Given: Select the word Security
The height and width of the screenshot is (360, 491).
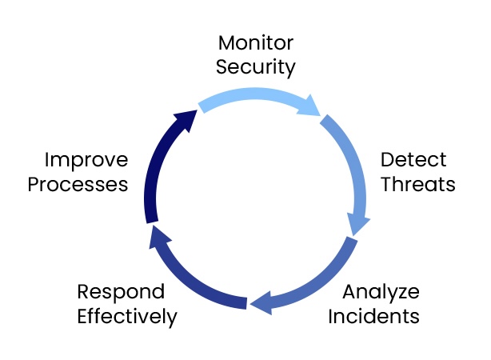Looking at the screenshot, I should [x=256, y=66].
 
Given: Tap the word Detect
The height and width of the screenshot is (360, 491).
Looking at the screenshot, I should [x=413, y=158].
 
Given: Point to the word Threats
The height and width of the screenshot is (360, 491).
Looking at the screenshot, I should [x=417, y=184].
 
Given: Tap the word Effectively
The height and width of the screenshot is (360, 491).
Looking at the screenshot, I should [x=127, y=316].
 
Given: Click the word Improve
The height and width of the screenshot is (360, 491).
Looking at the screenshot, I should [x=86, y=158].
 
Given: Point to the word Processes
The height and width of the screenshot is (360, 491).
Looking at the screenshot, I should [x=78, y=184].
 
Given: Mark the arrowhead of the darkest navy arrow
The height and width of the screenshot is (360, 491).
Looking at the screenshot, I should [x=189, y=118].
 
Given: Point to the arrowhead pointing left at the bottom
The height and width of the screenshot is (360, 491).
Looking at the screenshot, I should [x=259, y=303].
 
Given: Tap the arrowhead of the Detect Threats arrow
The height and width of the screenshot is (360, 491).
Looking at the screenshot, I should [x=357, y=223].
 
